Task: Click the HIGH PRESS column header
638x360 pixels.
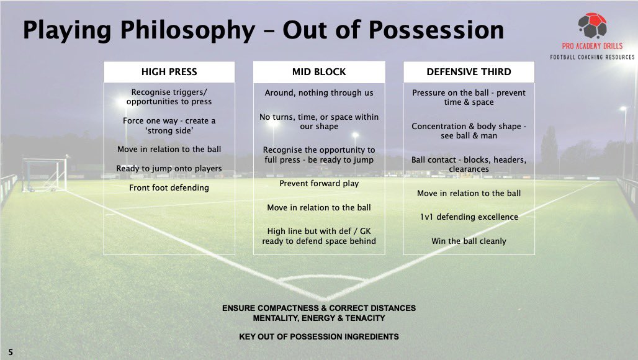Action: coord(169,72)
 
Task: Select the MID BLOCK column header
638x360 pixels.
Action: coord(318,72)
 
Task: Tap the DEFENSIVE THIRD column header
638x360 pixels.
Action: coord(469,72)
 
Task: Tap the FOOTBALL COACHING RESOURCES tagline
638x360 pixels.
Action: coord(591,58)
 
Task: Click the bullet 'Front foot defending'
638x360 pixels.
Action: coord(169,187)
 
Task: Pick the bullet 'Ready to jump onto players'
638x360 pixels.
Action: coord(169,168)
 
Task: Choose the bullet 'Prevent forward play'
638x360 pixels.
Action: coord(319,184)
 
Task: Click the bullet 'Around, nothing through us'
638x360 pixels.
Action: coord(319,93)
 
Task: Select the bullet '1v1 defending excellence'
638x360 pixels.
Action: coord(469,217)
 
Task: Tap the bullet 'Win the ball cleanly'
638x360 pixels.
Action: coord(469,241)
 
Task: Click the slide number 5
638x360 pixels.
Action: coord(11,353)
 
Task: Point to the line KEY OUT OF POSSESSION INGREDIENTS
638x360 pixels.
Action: coord(319,337)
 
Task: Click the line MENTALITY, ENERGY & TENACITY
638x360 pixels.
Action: coord(319,318)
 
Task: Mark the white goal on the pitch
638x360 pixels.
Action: coord(45,174)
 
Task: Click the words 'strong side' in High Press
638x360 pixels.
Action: coord(169,130)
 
